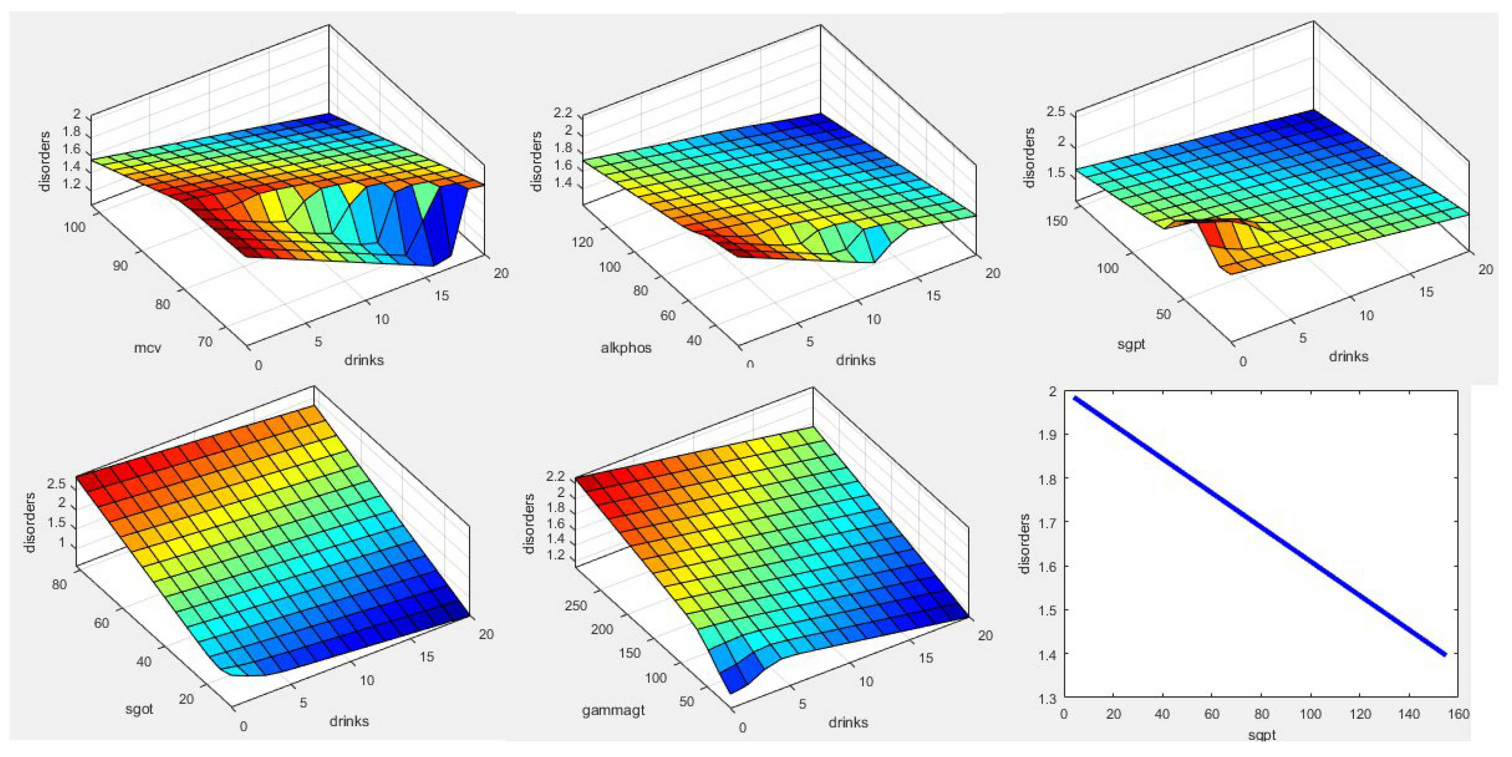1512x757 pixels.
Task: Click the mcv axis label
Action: [147, 348]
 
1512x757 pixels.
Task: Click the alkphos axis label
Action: [626, 348]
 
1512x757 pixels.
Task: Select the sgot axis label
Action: [139, 709]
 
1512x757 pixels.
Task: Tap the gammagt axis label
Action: [613, 710]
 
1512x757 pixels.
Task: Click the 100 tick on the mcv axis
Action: [73, 227]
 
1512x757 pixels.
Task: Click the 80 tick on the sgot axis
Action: [59, 584]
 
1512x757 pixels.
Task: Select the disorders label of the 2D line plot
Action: [1025, 543]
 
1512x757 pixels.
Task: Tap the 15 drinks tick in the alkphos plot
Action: [932, 296]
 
